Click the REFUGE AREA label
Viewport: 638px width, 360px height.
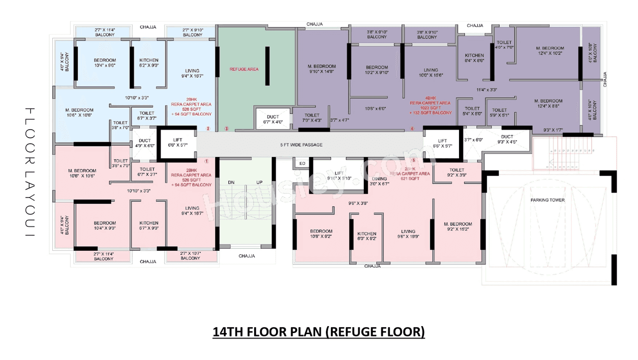[244, 69]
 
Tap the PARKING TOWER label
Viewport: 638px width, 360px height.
[547, 200]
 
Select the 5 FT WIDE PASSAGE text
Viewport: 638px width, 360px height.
[301, 145]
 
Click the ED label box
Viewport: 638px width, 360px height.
[302, 164]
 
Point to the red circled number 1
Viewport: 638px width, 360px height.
[207, 161]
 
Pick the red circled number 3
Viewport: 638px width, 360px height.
[226, 129]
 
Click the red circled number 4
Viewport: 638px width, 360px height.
[412, 129]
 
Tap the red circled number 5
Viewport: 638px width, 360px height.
[414, 161]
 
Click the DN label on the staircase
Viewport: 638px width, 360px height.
[231, 182]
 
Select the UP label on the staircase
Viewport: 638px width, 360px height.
[259, 182]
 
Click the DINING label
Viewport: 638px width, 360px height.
[380, 179]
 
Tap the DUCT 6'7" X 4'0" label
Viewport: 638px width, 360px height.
[272, 119]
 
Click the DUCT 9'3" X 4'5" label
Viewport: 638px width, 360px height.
[507, 139]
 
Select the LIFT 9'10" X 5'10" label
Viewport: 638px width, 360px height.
[339, 176]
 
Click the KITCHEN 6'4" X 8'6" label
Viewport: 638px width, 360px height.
[474, 58]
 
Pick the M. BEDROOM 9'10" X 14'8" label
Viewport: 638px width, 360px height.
[321, 69]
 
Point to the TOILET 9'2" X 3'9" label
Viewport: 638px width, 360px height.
[457, 173]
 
